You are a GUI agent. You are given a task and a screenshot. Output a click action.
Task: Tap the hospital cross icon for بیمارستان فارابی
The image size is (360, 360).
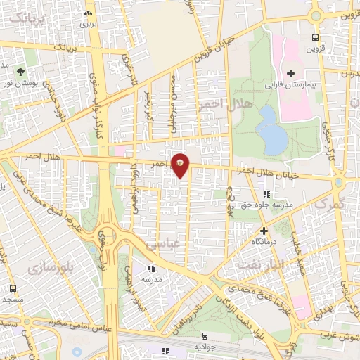pyautogui.click(x=290, y=73)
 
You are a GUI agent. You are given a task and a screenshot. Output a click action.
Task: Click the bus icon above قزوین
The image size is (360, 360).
pyautogui.click(x=315, y=38)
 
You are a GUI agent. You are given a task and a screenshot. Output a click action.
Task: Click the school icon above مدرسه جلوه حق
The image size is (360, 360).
pyautogui.click(x=266, y=194)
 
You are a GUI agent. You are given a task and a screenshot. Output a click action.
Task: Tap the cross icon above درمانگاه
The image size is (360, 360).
pyautogui.click(x=264, y=230)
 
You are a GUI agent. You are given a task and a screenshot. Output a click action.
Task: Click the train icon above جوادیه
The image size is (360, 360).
pyautogui.click(x=204, y=336)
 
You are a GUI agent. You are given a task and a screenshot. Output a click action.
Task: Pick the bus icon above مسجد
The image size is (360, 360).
pyautogui.click(x=13, y=288)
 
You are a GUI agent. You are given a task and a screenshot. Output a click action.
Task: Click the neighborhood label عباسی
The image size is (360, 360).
pyautogui.click(x=162, y=244)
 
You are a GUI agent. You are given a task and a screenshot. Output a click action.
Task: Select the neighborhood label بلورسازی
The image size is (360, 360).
pyautogui.click(x=47, y=268)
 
